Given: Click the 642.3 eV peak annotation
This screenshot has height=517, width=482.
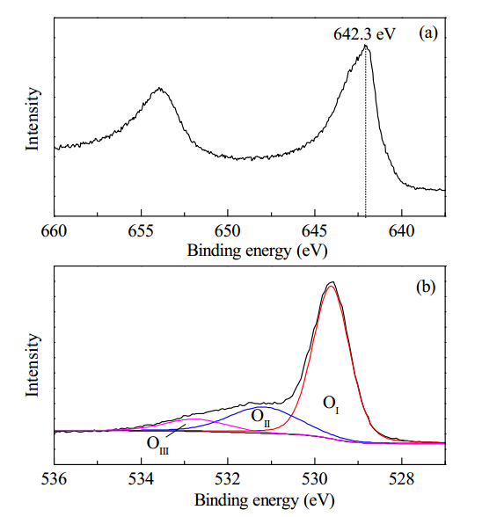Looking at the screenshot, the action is pos(364,34).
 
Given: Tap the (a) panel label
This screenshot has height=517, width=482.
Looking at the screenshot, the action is pos(427,33).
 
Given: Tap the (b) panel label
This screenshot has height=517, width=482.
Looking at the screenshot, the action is pos(426,287).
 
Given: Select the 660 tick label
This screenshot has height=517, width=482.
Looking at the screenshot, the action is pos(54,230).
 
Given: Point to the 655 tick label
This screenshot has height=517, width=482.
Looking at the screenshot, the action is pos(141,230).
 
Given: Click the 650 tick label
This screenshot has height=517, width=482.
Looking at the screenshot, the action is pos(228,230).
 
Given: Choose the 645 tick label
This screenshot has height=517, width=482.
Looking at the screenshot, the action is pos(315,230).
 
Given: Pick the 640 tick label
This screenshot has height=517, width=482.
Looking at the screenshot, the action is pos(401,230).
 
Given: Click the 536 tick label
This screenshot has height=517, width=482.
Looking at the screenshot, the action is pos(54,479).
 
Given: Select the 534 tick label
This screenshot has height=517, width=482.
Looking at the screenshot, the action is pos(141,479).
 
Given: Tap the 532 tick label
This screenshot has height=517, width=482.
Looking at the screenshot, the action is pos(228,479).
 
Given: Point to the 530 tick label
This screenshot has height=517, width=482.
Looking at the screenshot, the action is pos(315,479).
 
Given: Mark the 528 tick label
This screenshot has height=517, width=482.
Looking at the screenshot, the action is pos(401,479).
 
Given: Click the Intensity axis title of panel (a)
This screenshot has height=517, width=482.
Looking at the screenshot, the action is pos(33,119).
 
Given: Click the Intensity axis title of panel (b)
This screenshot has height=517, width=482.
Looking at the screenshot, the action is pos(33,365).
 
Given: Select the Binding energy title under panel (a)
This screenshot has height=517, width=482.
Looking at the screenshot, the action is pos(258,251).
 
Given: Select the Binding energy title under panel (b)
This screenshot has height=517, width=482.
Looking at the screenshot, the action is pos(265,500).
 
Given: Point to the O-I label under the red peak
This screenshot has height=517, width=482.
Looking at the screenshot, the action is pos(331,404).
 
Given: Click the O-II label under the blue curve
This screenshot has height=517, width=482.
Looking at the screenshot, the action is pos(260,418).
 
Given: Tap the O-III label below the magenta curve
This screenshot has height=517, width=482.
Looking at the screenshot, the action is pos(157,445).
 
